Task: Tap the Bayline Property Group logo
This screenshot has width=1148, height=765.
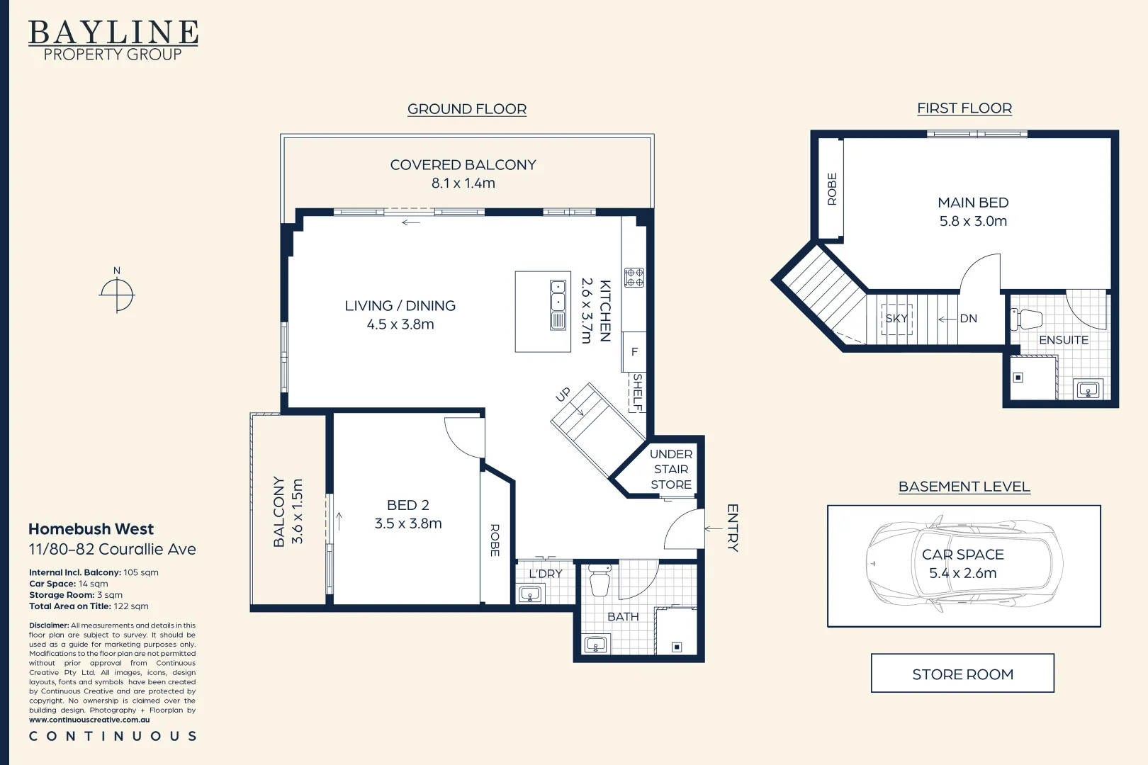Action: tap(113, 40)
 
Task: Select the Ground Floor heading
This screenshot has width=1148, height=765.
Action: tap(467, 109)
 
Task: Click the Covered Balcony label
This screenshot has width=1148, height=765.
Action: tap(463, 165)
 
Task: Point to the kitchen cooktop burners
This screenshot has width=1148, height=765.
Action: tap(634, 277)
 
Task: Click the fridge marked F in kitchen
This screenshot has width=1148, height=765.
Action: tap(634, 352)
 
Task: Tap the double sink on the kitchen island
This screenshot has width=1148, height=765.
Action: tap(558, 305)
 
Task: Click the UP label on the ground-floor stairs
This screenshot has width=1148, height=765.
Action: tap(563, 395)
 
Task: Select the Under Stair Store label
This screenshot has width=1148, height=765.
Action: tap(671, 470)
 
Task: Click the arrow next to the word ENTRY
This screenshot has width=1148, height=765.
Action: tap(713, 529)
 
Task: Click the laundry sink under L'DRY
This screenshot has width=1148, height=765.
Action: tap(530, 594)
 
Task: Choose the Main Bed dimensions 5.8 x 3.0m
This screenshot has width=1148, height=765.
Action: tap(973, 221)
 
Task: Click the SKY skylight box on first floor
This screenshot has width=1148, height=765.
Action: tap(896, 319)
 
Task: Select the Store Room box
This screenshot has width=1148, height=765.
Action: tap(962, 674)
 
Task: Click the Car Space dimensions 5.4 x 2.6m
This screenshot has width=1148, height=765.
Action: tap(963, 573)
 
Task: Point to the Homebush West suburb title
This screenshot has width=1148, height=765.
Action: tap(91, 529)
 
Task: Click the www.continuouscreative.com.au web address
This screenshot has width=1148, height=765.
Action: tap(89, 720)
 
